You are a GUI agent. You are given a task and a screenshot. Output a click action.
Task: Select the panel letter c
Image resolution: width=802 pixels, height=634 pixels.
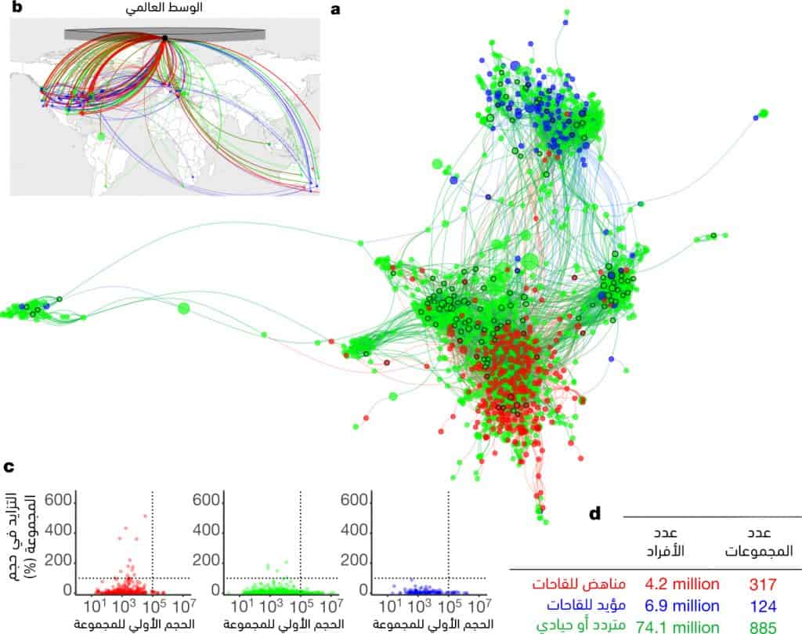click(9, 467)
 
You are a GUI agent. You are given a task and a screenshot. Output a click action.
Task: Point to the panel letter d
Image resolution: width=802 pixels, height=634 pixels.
click(595, 513)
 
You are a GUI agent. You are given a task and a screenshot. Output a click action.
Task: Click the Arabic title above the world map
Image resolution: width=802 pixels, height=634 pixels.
click(164, 11)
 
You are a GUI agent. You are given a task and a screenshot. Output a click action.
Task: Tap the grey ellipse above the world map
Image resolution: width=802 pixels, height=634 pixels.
click(164, 34)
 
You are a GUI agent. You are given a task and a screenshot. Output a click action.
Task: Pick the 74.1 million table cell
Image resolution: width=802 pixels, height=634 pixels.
click(678, 625)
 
